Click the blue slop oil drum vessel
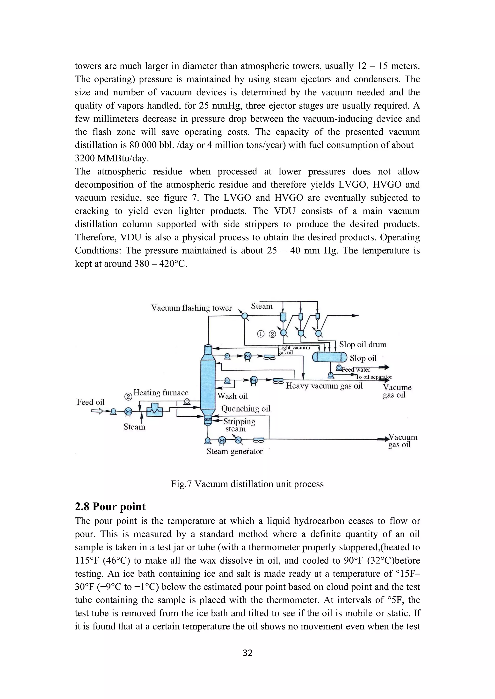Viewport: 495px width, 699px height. (x=330, y=357)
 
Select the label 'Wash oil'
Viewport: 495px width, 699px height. (x=232, y=396)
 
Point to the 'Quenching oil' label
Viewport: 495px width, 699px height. (x=246, y=409)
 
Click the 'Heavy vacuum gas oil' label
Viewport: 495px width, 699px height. (x=324, y=386)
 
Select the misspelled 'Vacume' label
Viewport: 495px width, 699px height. (x=397, y=388)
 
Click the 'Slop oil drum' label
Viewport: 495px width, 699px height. (x=363, y=345)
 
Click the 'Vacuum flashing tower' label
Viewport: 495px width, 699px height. (x=191, y=308)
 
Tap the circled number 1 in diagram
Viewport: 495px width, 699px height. (x=261, y=334)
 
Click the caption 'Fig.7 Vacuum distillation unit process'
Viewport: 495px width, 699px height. (x=247, y=484)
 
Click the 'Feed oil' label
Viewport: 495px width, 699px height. (x=91, y=402)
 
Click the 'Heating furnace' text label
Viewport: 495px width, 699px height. (x=161, y=393)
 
